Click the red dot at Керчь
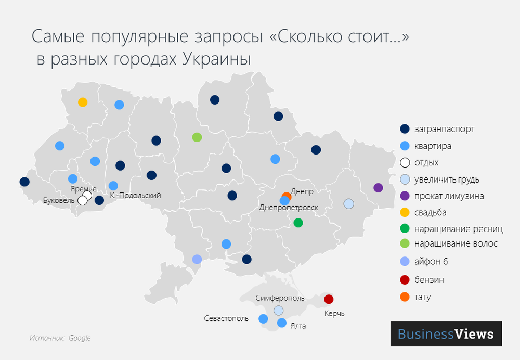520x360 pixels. point(329,299)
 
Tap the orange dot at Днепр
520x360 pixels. point(287,197)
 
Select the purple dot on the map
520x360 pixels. point(378,188)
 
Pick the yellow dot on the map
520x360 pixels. point(82,102)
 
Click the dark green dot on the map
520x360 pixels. point(298,223)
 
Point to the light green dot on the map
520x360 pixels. point(197,137)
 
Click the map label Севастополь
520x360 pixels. point(226,318)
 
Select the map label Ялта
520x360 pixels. point(298,326)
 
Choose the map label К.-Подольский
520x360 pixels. point(136,196)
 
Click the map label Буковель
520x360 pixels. point(59,200)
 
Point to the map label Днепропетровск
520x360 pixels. point(288,208)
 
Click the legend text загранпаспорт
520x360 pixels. point(445,129)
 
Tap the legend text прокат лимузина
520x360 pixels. point(449,196)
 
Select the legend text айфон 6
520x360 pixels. point(431,261)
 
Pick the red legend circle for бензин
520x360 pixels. point(406,280)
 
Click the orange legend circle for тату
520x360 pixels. point(406,297)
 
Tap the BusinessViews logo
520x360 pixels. point(446,333)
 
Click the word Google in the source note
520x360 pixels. point(80,338)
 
